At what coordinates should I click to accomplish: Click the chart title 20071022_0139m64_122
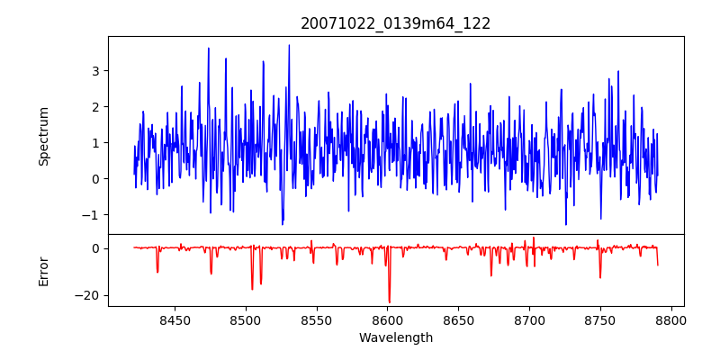coord(396,23)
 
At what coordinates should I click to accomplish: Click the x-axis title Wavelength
coord(396,338)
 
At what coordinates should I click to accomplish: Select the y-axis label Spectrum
coord(43,136)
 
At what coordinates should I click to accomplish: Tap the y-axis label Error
coord(43,271)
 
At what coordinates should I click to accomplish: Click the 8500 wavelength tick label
coord(245,319)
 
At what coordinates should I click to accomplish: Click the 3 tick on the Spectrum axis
coord(94,70)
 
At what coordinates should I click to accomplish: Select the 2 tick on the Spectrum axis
coord(94,106)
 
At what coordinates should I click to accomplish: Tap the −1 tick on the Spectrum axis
coord(91,214)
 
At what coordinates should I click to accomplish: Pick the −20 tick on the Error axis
coord(87,295)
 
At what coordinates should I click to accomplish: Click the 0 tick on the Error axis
coord(94,247)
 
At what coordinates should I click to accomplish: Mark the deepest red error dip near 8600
coord(389,301)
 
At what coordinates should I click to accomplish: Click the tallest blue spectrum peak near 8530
coord(289,46)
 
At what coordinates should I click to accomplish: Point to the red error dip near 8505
coord(252,288)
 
